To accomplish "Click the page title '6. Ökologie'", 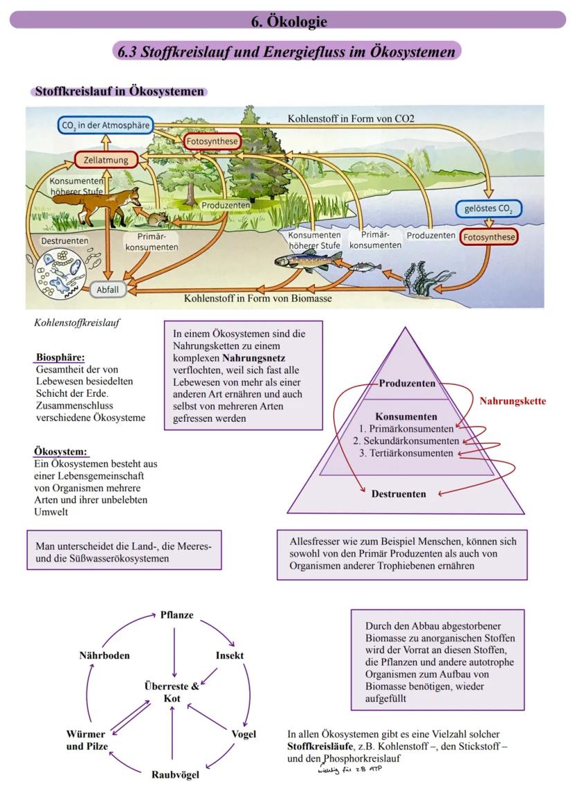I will pos(288,21).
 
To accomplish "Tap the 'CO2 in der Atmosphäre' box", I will pos(104,125).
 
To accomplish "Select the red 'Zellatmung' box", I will pos(102,160).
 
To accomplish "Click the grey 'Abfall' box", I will pos(107,289).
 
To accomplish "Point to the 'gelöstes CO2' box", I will pos(488,208).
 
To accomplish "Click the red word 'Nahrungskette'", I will pos(512,401).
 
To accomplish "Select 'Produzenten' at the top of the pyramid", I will pos(407,384).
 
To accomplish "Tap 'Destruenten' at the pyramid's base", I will pos(398,494).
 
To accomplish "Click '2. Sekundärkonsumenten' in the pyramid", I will pos(406,441).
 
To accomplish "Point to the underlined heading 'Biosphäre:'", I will pos(60,358).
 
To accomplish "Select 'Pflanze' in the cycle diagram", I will pos(176,615).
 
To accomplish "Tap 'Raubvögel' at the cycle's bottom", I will pos(175,774).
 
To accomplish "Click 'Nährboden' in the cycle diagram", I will pos(104,655).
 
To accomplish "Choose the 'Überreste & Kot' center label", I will pos(172,693).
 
